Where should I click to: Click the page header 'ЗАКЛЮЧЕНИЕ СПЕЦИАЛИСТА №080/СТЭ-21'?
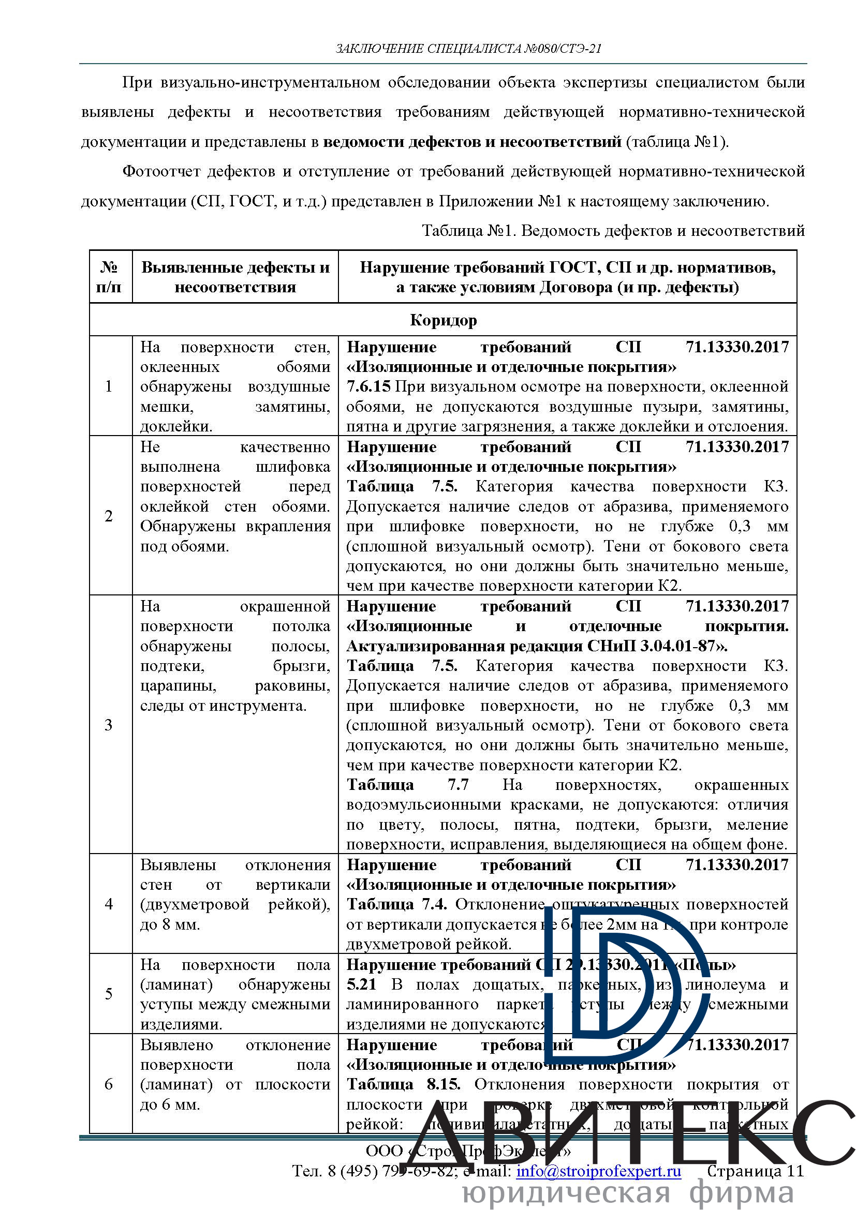[468, 49]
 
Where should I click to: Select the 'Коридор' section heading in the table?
[444, 320]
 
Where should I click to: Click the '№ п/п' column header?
[109, 277]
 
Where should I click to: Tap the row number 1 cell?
[109, 386]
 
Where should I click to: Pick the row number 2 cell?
[109, 516]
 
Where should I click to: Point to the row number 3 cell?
[109, 725]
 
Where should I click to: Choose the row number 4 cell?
[109, 904]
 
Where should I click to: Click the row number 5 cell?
[109, 994]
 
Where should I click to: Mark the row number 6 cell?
[109, 1085]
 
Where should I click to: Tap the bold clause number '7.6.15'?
[368, 387]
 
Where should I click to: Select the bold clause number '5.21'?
[362, 984]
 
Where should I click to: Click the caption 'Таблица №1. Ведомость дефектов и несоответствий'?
[613, 231]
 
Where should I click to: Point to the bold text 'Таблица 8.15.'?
[403, 1085]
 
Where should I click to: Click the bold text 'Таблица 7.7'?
[407, 785]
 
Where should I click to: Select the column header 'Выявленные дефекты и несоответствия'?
[235, 277]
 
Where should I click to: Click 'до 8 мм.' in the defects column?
[170, 924]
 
